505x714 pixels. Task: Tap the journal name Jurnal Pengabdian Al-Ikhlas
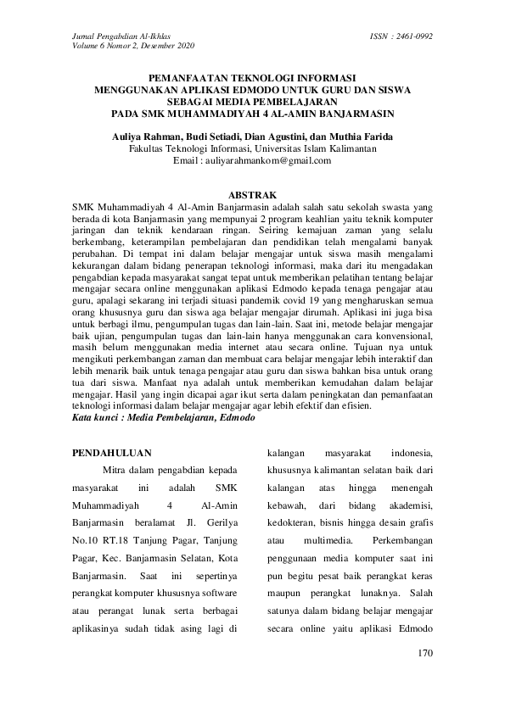click(x=117, y=37)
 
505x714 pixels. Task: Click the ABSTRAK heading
click(x=252, y=194)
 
